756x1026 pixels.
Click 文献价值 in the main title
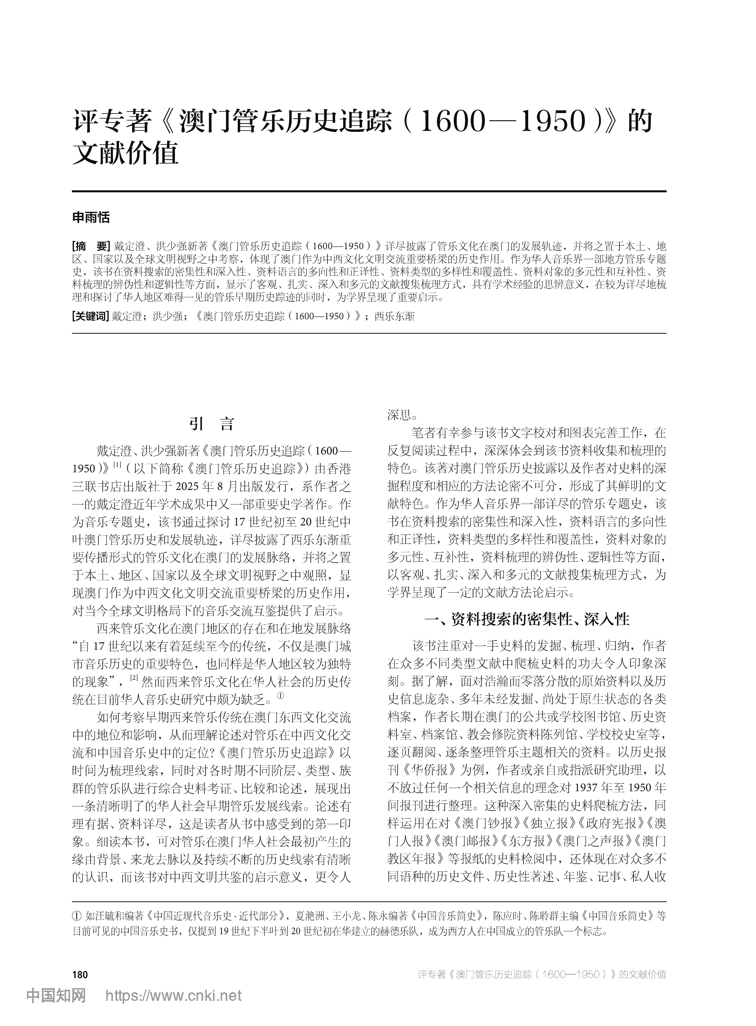tap(125, 154)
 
